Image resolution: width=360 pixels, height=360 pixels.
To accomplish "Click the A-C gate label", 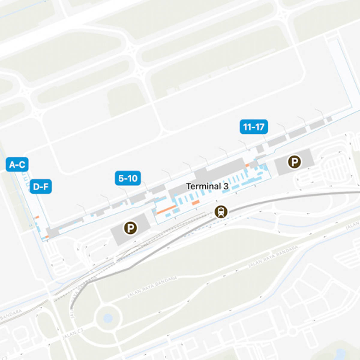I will point(17,164).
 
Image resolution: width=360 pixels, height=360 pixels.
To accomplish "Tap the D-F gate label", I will point(40,187).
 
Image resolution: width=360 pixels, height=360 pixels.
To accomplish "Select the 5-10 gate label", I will point(128,178).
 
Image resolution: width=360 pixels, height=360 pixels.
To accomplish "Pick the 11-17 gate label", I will point(253,127).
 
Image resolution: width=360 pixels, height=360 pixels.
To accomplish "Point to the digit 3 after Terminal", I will point(226,186).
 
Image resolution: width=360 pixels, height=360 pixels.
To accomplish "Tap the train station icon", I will point(221,212).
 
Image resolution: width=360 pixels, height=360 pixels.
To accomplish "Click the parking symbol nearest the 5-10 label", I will point(130,228).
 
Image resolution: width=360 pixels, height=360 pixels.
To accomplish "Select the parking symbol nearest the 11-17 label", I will point(294,162).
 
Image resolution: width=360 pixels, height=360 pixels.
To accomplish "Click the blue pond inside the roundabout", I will point(108,318).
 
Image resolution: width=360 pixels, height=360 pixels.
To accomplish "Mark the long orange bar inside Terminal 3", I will point(166,209).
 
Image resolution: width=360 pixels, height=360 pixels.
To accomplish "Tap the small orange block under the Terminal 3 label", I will point(196,202).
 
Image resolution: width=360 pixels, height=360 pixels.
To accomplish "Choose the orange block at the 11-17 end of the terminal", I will point(247,165).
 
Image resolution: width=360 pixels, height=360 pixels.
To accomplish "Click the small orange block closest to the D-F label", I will point(37,217).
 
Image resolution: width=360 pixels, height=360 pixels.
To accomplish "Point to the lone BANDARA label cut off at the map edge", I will point(11,314).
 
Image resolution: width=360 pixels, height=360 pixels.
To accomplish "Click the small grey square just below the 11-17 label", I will point(260,148).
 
